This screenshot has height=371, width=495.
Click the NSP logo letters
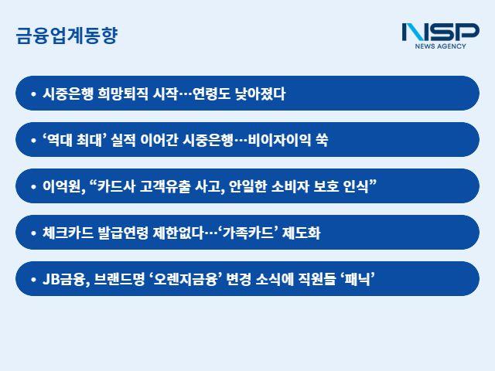click(x=440, y=32)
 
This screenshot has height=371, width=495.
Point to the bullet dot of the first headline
click(x=32, y=94)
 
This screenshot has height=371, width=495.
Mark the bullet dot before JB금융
click(x=32, y=279)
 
